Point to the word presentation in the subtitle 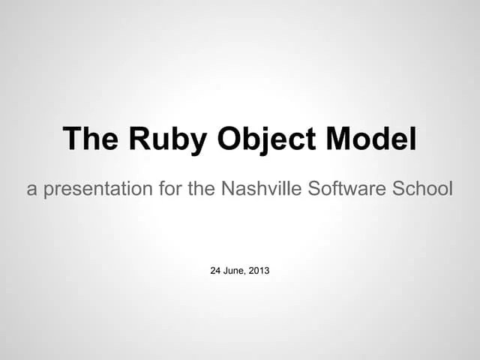pos(97,189)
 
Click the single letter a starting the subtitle pos(31,190)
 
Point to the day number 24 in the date pos(216,270)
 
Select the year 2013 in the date pos(259,270)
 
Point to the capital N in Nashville pos(228,189)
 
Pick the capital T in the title pos(71,139)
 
